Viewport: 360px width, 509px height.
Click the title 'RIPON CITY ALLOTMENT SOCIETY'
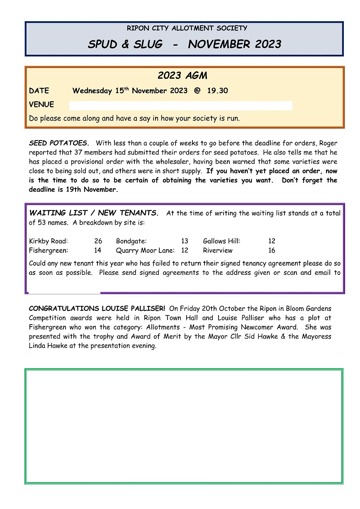pos(187,28)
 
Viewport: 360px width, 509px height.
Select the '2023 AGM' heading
pos(182,76)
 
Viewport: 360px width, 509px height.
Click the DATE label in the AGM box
pos(39,91)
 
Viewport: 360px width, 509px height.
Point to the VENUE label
pos(41,104)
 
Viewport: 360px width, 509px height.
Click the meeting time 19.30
pos(217,91)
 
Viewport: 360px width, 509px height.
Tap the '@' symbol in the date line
pos(197,91)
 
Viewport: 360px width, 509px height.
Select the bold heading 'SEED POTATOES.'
pos(59,143)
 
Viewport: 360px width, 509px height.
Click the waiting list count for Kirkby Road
pos(98,241)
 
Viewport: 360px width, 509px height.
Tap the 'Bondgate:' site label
pos(131,241)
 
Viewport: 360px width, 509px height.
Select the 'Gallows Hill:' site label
pos(221,241)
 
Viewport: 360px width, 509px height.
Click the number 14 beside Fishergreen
pos(98,250)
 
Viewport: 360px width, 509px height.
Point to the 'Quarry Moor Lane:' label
pos(145,250)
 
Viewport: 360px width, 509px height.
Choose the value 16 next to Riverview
pos(272,250)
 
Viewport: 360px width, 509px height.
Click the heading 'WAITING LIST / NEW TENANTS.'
pos(94,213)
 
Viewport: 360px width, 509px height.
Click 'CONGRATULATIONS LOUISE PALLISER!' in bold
pos(97,309)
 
